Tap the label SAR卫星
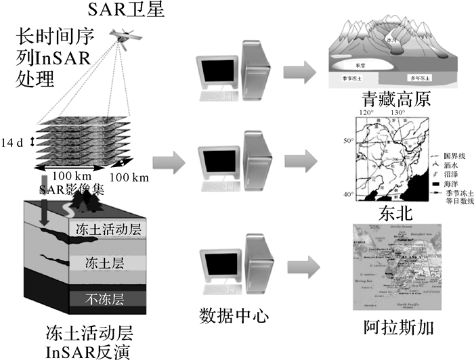coord(121,10)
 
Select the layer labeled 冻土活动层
coord(109,229)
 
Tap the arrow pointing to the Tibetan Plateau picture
coord(300,70)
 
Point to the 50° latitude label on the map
coord(348,140)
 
